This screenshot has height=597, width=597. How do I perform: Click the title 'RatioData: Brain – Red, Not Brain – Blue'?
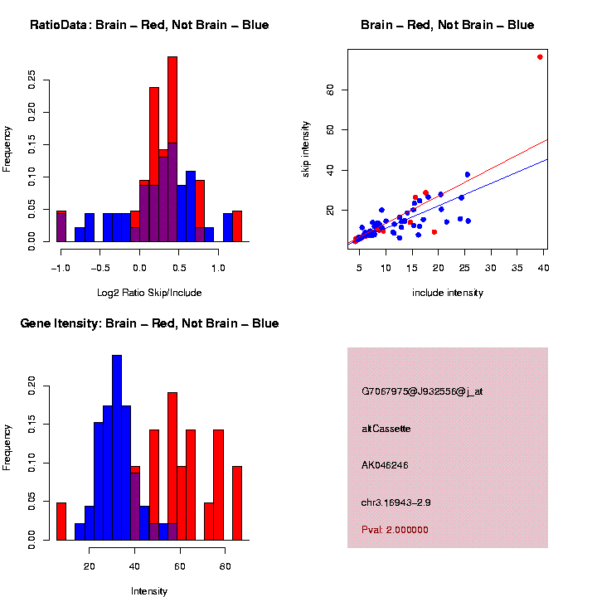tap(149, 25)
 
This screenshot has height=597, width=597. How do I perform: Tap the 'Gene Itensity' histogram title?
tap(149, 323)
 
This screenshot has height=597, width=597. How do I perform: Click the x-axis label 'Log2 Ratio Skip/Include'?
tap(149, 293)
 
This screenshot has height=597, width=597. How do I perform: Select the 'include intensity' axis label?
tap(448, 293)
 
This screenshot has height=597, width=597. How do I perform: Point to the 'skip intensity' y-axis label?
tap(306, 148)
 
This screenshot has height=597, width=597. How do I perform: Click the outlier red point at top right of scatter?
tap(540, 57)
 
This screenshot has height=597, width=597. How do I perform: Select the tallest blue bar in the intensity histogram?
tap(117, 448)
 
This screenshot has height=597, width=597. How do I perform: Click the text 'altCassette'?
tap(386, 429)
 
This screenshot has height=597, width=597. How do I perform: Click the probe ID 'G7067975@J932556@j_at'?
tap(422, 391)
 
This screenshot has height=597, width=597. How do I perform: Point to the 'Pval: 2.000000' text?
tap(395, 530)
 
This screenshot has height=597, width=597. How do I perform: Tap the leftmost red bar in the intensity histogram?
tap(61, 521)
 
